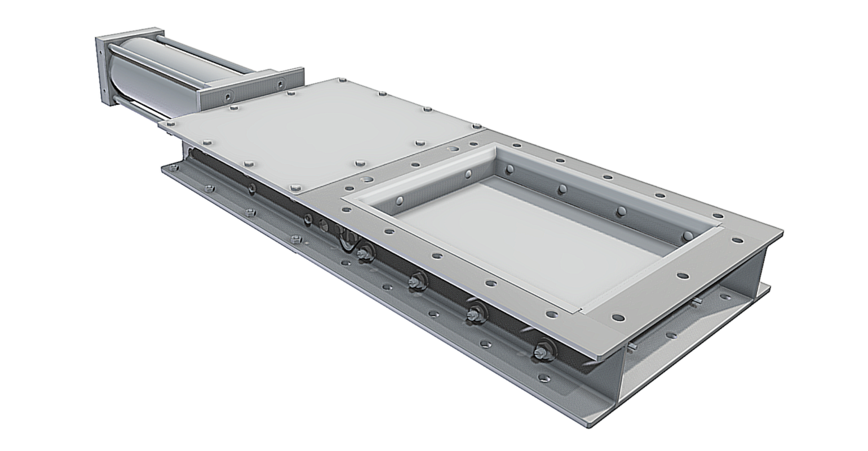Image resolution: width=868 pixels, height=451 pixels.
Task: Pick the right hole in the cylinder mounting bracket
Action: point(280,83)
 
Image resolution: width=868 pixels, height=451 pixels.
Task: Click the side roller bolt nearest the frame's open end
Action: point(542,349)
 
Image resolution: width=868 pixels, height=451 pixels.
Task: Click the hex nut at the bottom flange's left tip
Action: point(207,188)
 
